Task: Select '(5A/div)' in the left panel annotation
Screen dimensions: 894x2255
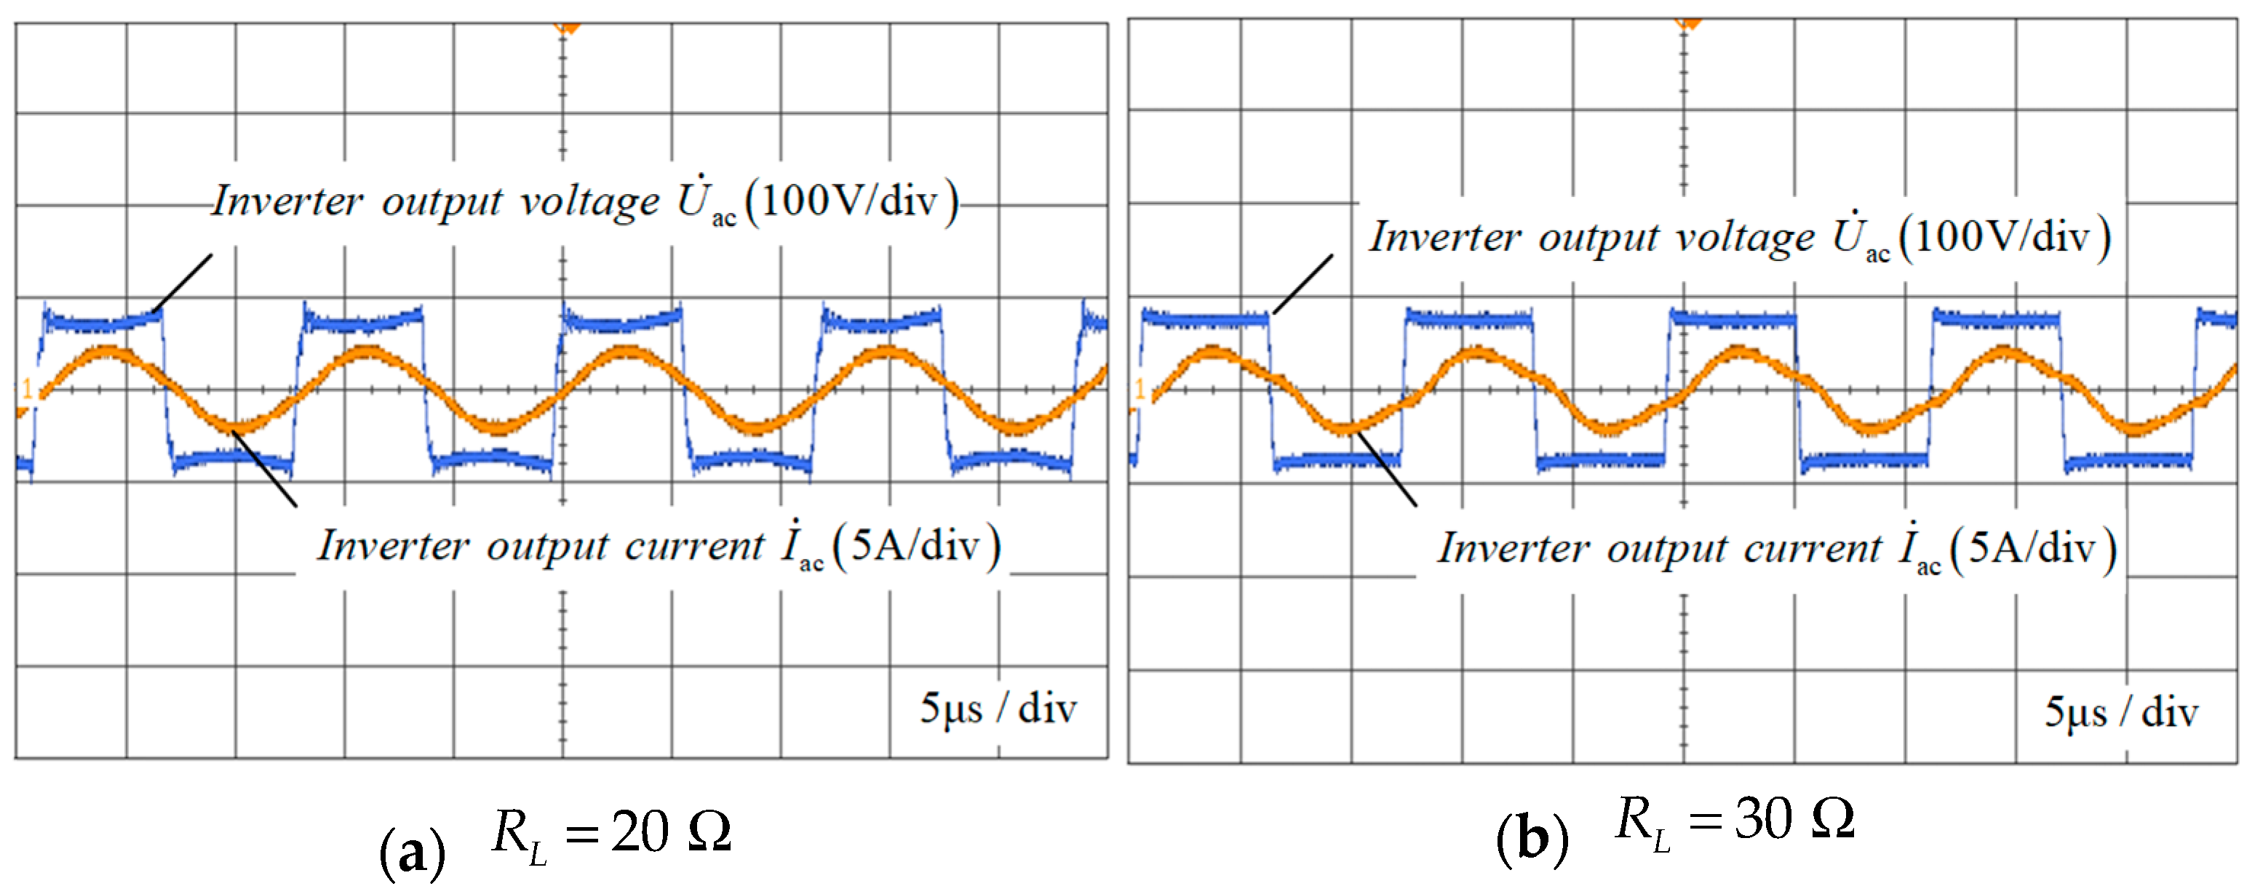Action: [x=915, y=547]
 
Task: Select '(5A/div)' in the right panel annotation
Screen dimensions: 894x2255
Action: [x=2032, y=549]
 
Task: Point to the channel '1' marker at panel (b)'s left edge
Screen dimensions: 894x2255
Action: [x=1140, y=388]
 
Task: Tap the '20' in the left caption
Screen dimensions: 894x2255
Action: [x=639, y=830]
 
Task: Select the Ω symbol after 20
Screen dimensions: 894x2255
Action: [x=709, y=830]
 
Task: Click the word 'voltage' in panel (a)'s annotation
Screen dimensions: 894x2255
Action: [x=589, y=202]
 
